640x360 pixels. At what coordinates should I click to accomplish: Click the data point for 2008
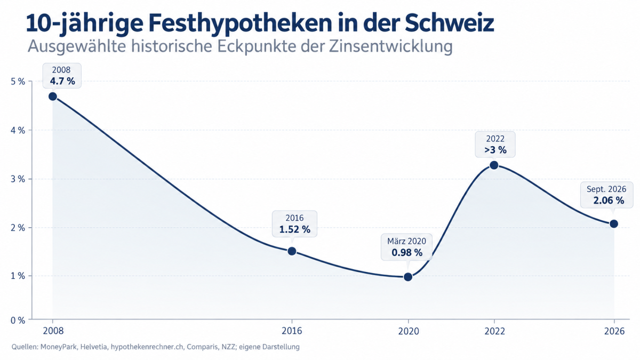click(x=53, y=97)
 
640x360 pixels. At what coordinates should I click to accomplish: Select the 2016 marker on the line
click(x=292, y=251)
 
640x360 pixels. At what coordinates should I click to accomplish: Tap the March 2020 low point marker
click(x=408, y=277)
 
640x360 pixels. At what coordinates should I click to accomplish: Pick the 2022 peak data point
click(x=494, y=165)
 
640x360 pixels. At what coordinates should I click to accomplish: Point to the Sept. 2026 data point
click(x=614, y=223)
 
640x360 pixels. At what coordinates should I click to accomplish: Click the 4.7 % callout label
click(x=62, y=81)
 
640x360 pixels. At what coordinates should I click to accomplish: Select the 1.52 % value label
click(x=294, y=229)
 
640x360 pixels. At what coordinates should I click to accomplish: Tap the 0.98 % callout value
click(x=407, y=253)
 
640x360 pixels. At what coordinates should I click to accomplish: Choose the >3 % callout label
click(x=495, y=150)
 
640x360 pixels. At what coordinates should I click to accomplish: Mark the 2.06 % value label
click(x=609, y=201)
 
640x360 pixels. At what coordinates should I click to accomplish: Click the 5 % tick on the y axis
click(x=18, y=82)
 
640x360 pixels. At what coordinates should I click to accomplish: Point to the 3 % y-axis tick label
click(x=18, y=179)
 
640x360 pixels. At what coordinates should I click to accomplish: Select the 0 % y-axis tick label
click(x=18, y=321)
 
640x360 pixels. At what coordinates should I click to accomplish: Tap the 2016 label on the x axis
click(x=292, y=331)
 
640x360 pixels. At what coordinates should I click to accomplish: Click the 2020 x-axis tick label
click(x=409, y=331)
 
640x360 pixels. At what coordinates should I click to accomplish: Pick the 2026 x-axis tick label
click(x=614, y=331)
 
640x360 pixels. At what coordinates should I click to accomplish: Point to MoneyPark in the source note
click(x=58, y=347)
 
